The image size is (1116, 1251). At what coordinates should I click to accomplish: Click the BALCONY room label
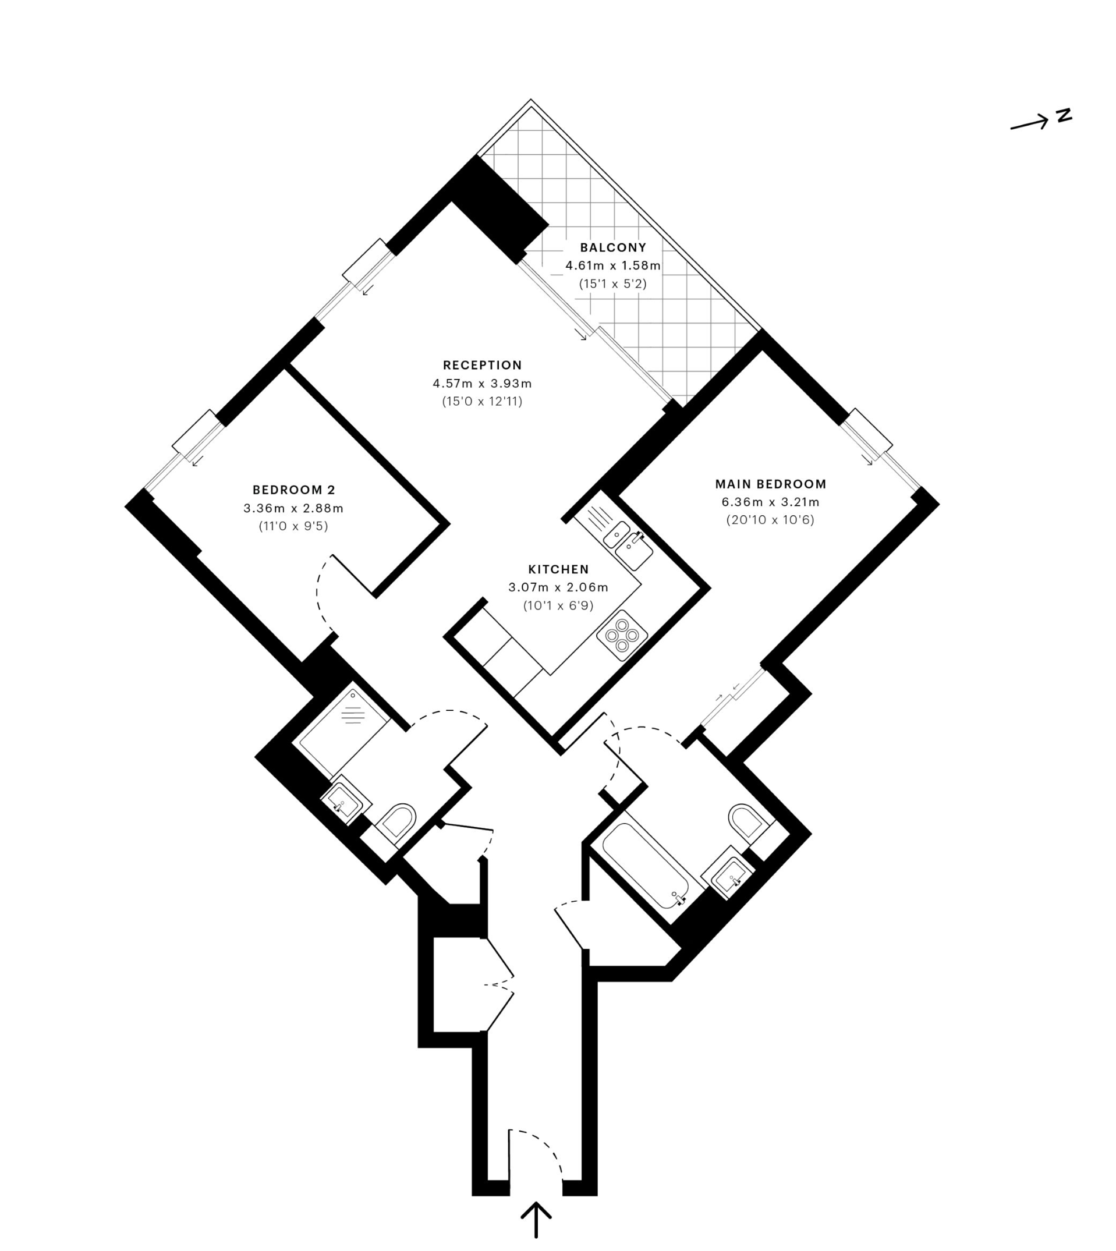click(613, 248)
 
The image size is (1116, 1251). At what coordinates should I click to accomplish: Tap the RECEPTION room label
click(483, 366)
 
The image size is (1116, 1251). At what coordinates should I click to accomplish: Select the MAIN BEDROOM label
click(771, 484)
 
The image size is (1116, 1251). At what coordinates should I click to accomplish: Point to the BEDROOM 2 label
click(294, 490)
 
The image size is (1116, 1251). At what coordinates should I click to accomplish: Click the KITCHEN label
click(559, 570)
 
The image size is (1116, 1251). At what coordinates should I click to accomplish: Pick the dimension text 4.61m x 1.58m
click(613, 265)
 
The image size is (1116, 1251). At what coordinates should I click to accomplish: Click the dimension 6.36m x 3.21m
click(771, 502)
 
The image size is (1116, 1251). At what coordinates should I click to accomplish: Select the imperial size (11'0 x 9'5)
click(294, 526)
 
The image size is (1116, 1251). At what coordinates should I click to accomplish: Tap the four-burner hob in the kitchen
click(622, 635)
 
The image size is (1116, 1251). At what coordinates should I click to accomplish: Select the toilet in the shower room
click(396, 821)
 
